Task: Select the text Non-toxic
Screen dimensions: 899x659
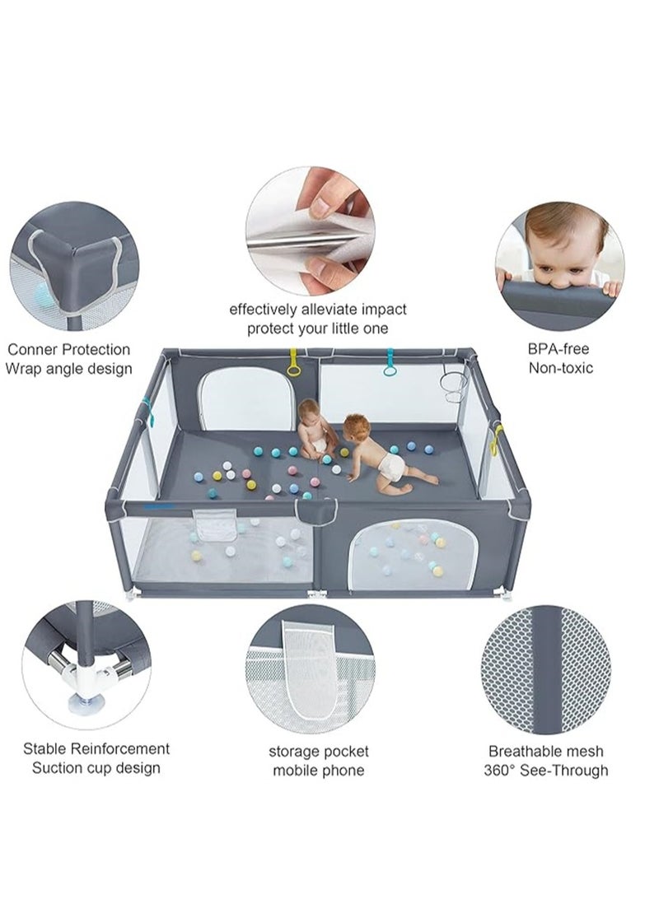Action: (x=560, y=368)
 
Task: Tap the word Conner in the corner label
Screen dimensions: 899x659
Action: (x=33, y=350)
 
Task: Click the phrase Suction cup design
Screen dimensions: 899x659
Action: (x=96, y=768)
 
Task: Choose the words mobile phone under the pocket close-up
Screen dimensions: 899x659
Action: (x=318, y=771)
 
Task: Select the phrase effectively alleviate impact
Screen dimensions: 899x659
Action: (x=318, y=310)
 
